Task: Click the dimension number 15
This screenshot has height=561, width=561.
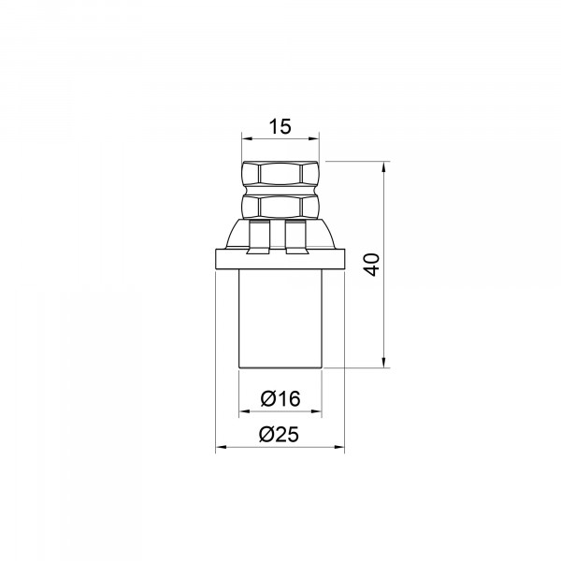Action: tap(280, 126)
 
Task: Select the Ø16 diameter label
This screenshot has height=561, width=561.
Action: tap(280, 398)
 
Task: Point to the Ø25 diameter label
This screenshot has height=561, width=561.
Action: tap(279, 435)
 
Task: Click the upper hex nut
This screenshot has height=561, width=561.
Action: tap(280, 174)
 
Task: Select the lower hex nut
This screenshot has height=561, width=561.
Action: tap(280, 206)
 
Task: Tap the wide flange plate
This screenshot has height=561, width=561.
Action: tap(280, 259)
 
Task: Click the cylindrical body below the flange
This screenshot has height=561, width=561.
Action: tap(280, 319)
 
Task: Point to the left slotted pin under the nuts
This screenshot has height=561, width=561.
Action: tap(258, 237)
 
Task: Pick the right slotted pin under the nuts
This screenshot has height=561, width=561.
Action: tap(295, 237)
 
